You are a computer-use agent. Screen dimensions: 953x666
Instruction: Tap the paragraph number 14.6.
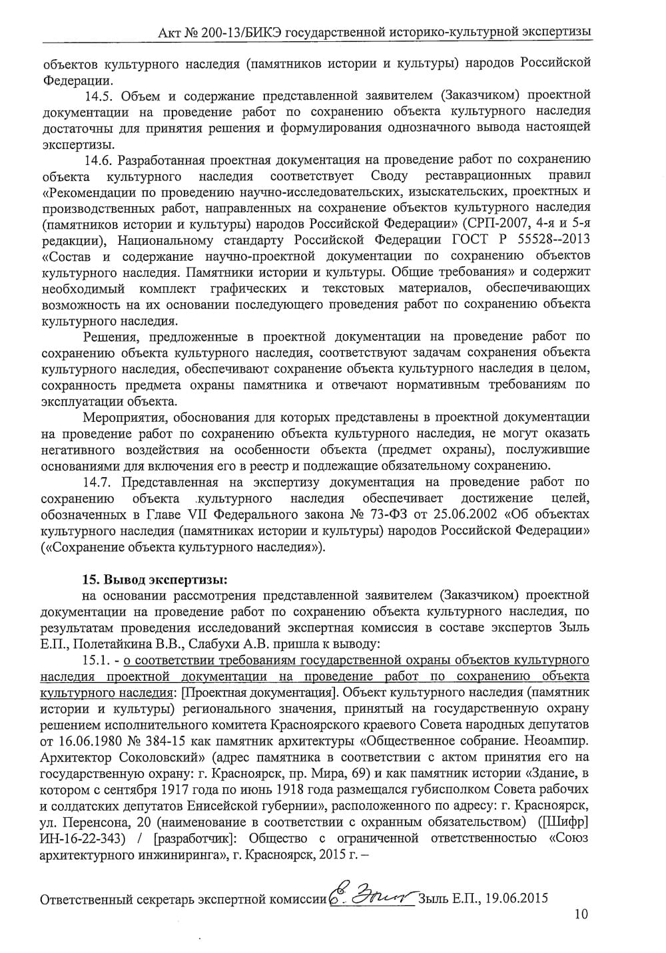(99, 160)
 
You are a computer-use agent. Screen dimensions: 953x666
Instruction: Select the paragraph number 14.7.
(99, 482)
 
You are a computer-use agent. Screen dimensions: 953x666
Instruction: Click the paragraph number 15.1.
(99, 660)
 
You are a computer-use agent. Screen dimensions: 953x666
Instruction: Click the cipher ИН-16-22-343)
(84, 838)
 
